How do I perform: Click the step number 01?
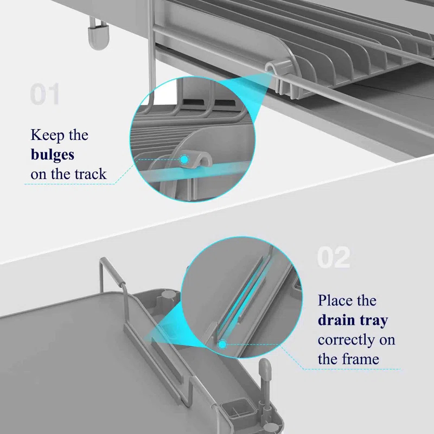coord(44,94)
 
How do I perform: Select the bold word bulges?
coord(53,155)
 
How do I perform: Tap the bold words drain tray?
coord(353,320)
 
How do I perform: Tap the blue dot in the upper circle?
coord(184,159)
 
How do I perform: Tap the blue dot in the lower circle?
coord(221,343)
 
